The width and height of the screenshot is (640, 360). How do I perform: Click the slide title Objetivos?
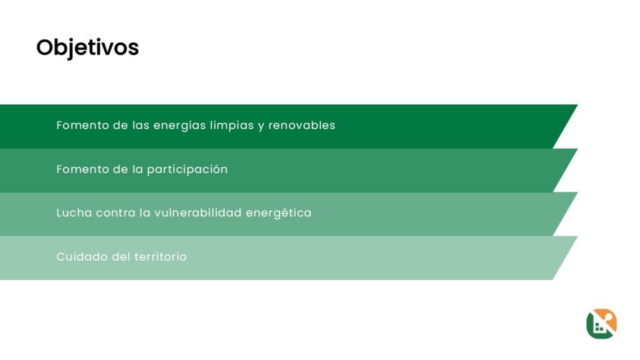point(87,47)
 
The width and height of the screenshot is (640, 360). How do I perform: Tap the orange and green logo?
point(601,324)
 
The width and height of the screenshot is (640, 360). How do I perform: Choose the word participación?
point(187,169)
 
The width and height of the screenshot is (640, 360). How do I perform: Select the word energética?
point(279,213)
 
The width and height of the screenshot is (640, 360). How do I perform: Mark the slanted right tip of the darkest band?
point(577,105)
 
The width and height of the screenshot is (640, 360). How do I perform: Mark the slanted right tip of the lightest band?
point(577,236)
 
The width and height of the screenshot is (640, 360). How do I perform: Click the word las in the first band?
point(141,125)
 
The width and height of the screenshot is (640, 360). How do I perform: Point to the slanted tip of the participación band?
point(577,149)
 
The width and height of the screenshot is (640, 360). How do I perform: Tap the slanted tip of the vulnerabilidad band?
point(577,192)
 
